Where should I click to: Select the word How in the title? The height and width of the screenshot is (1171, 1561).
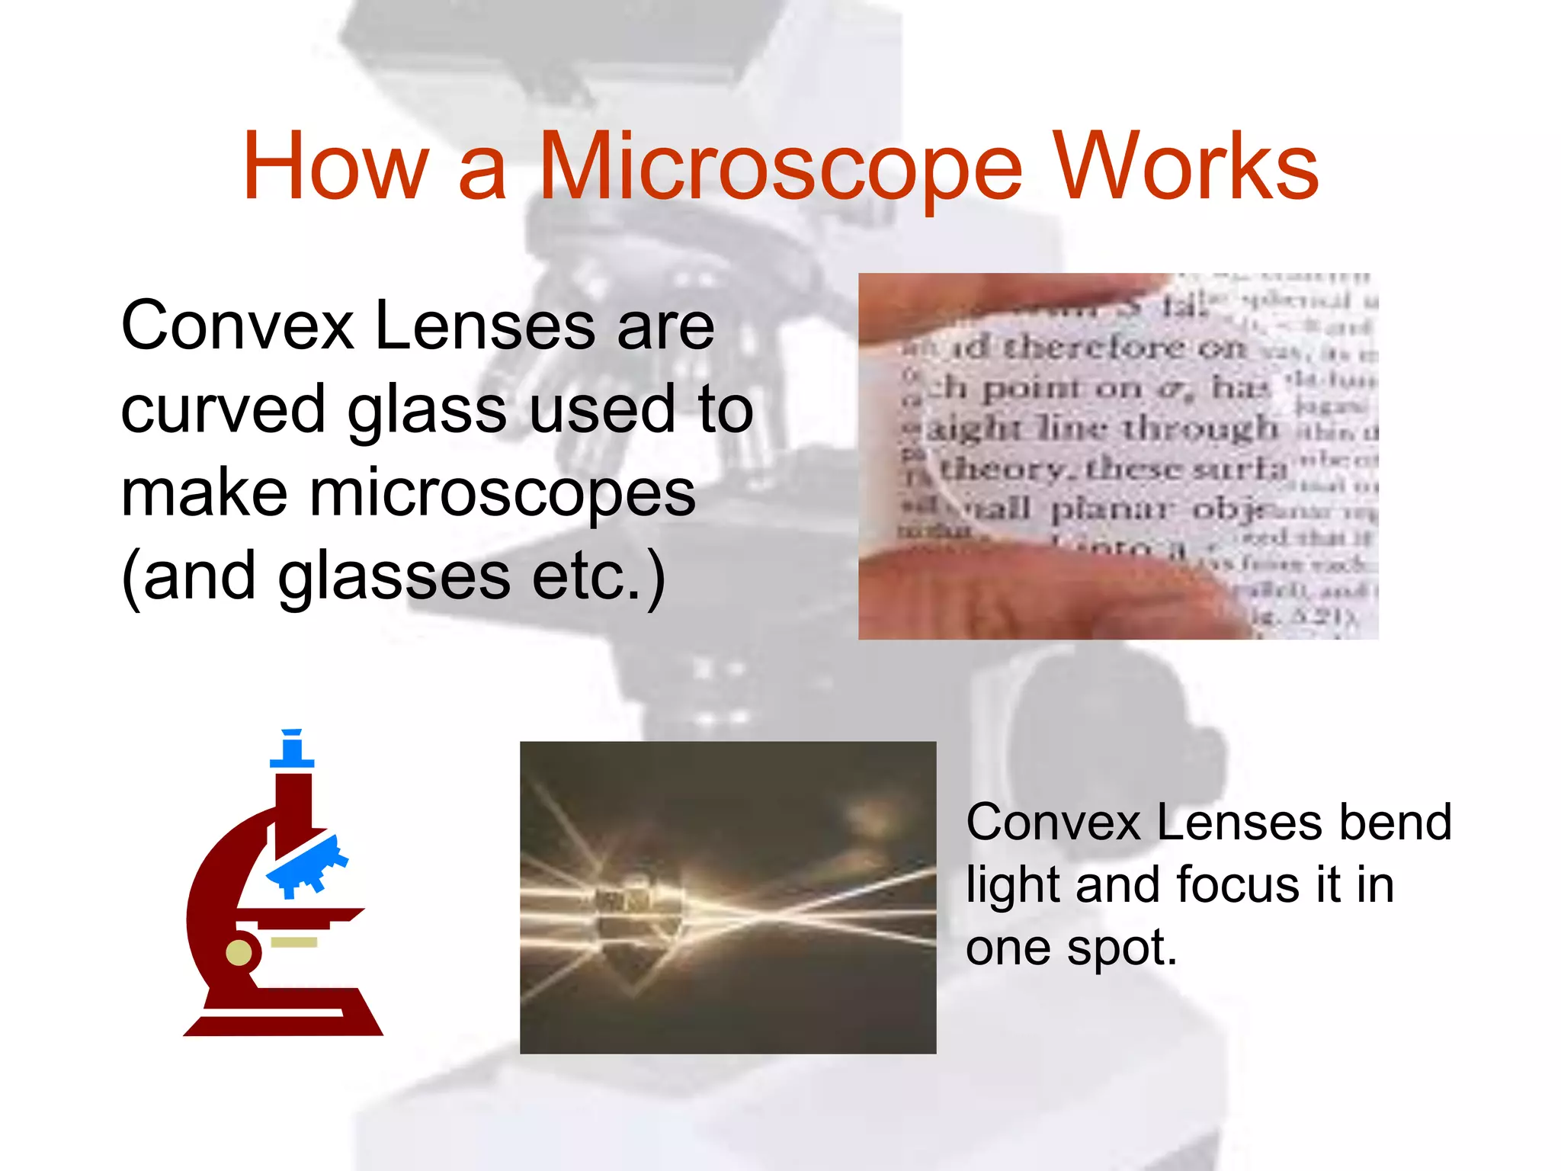pyautogui.click(x=335, y=166)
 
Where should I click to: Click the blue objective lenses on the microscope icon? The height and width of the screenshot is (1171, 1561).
pyautogui.click(x=309, y=865)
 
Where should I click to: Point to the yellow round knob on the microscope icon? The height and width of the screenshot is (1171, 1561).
pyautogui.click(x=239, y=952)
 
